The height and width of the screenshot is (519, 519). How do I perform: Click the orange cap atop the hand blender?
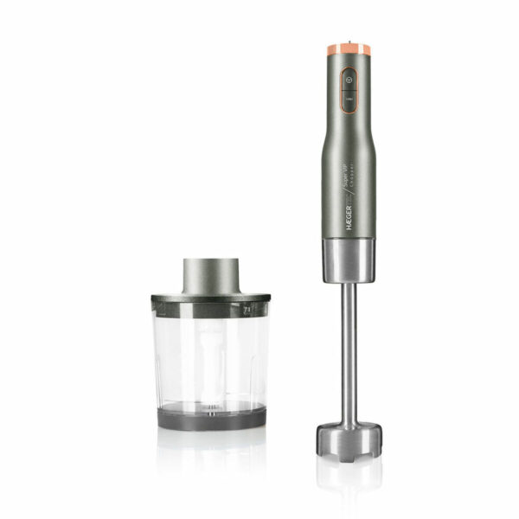(x=349, y=49)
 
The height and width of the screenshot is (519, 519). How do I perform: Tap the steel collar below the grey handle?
(x=349, y=260)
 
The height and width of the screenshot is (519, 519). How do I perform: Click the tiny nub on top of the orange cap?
(x=349, y=40)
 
